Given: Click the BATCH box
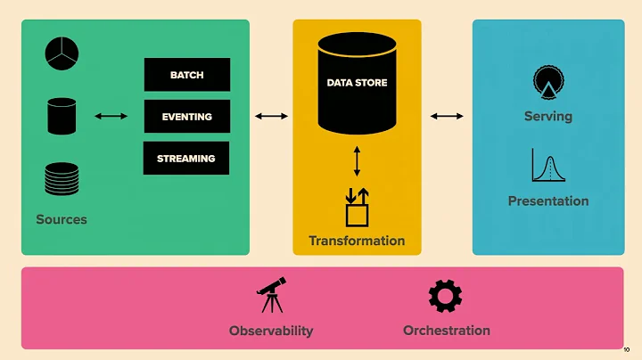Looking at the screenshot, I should click(x=187, y=75).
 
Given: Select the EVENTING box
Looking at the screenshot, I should click(x=187, y=117).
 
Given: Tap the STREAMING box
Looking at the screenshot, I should click(x=186, y=159).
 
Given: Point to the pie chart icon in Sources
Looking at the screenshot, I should click(x=62, y=54).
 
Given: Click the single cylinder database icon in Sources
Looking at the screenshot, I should click(x=62, y=116).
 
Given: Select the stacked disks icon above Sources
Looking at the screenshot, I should click(x=62, y=178).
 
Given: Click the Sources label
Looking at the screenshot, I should click(x=62, y=219).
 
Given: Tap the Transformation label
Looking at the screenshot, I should click(x=357, y=241).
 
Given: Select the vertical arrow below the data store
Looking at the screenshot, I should click(x=357, y=160).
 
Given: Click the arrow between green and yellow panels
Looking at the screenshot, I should click(x=271, y=116).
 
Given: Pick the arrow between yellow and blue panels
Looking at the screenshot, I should click(x=447, y=116).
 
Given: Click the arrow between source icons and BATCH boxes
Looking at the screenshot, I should click(x=111, y=116).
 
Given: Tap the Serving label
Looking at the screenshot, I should click(x=548, y=117).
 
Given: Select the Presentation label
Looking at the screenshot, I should click(x=548, y=201).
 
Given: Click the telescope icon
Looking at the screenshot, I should click(x=271, y=294).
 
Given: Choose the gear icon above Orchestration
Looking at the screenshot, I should click(x=446, y=296).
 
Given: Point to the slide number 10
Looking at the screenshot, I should click(x=626, y=350).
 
